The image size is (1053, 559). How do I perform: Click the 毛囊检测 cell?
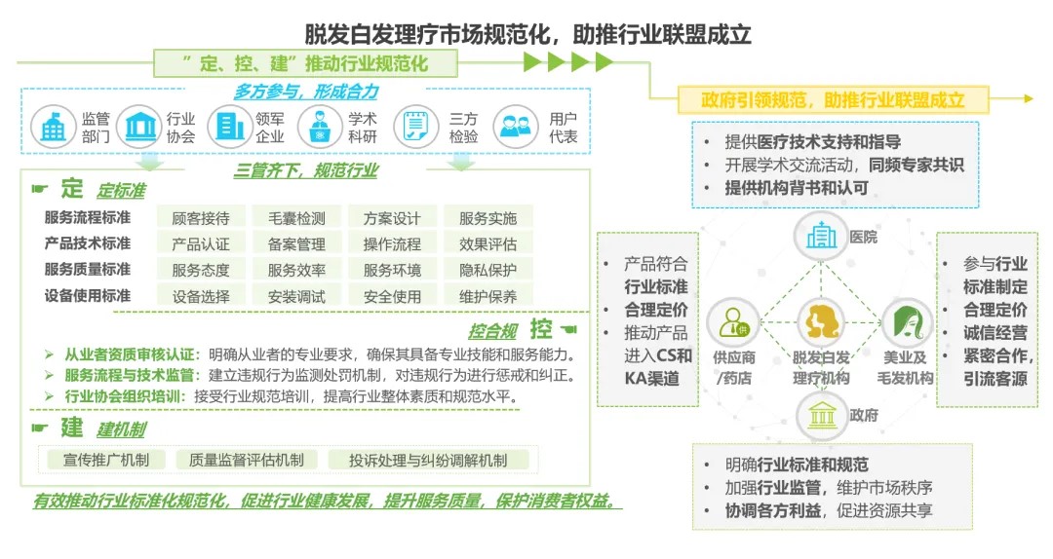click(x=296, y=218)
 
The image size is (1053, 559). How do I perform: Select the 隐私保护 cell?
click(x=487, y=270)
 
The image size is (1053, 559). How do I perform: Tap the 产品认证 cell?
click(x=201, y=243)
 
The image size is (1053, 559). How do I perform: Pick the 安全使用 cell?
click(x=392, y=296)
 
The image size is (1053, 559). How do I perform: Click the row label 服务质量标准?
click(x=88, y=269)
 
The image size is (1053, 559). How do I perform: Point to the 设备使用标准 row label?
click(x=88, y=295)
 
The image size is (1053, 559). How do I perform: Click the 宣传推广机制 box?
click(x=105, y=460)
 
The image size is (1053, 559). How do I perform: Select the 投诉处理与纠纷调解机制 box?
click(x=428, y=460)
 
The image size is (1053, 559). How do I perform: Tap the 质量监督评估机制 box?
click(x=247, y=460)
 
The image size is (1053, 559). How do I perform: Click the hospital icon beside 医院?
click(x=821, y=237)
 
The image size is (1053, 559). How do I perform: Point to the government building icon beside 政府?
click(x=821, y=416)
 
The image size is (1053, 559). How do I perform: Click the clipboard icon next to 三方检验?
click(x=415, y=127)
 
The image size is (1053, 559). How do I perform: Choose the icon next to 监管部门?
click(x=53, y=127)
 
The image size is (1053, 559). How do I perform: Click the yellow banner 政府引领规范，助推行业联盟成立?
click(x=833, y=100)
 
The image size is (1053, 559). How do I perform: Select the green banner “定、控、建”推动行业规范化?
click(x=305, y=63)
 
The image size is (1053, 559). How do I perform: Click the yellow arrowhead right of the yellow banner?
click(x=1029, y=98)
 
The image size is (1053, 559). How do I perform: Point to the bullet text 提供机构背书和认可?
click(x=797, y=188)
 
